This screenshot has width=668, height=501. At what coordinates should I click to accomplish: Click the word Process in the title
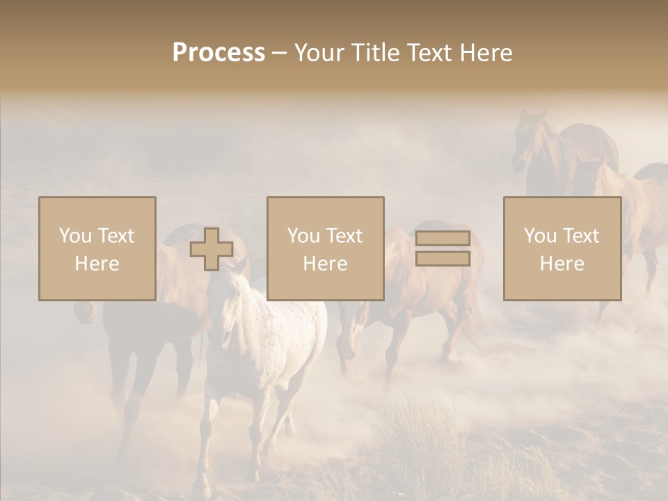point(218,53)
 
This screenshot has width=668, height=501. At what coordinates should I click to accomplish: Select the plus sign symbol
point(212,249)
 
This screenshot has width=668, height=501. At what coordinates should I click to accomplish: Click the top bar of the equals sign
point(443,239)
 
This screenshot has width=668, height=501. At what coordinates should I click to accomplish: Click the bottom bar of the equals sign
point(443,259)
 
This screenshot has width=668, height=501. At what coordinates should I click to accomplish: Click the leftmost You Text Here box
point(97,249)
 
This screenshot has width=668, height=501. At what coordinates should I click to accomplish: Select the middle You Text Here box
point(326,249)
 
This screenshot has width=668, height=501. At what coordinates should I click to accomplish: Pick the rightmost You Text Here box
point(562,249)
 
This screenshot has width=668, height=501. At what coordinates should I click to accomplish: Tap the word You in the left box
point(74,236)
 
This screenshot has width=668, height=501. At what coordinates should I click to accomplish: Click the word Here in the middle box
point(326,264)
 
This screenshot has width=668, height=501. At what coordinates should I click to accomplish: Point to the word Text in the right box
point(582,236)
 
